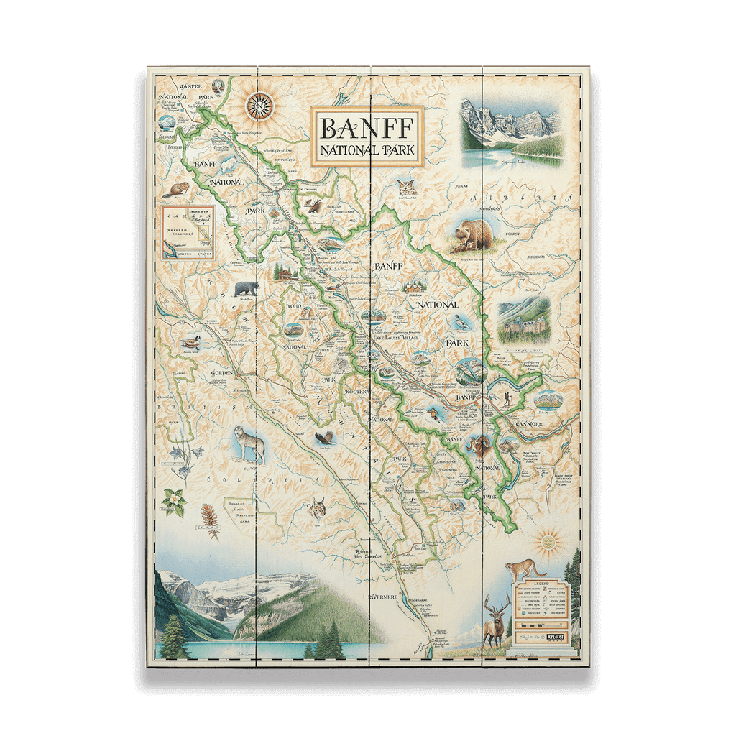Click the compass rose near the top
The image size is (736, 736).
tap(259, 106)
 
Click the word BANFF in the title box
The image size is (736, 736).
tap(367, 129)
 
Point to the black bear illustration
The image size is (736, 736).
tap(247, 289)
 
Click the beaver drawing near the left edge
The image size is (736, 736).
tap(175, 190)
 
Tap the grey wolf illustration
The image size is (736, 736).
tap(249, 442)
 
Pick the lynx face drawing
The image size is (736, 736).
tap(318, 507)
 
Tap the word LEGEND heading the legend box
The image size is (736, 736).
tap(540, 583)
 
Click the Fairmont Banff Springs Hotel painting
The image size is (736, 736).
tap(524, 320)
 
